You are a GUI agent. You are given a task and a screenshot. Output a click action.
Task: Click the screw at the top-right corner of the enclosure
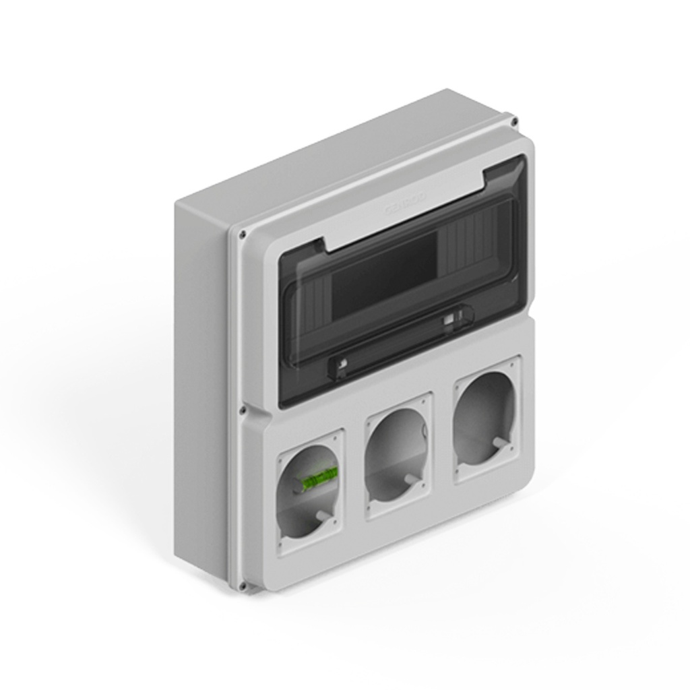[514, 122]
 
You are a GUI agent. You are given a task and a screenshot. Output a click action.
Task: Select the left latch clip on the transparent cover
[342, 365]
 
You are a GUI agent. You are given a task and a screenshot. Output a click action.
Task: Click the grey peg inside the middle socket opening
[409, 478]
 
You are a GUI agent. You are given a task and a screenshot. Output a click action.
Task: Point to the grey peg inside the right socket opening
[499, 442]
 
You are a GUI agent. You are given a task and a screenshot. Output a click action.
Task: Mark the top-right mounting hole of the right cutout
[515, 365]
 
